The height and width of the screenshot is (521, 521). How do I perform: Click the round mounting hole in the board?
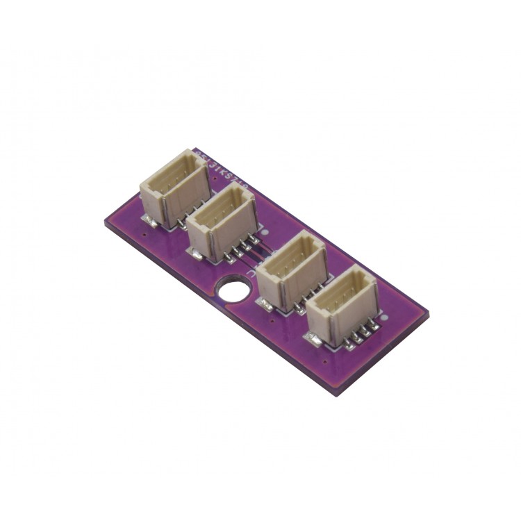[x=235, y=288]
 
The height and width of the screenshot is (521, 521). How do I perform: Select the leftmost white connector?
[x=174, y=189]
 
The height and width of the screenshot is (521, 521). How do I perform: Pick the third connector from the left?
[x=292, y=267]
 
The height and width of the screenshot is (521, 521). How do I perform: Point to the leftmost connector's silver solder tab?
[x=148, y=220]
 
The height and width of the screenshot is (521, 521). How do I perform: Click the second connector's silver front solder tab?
[x=197, y=254]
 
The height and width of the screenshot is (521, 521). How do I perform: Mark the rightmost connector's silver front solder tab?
[x=315, y=338]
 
